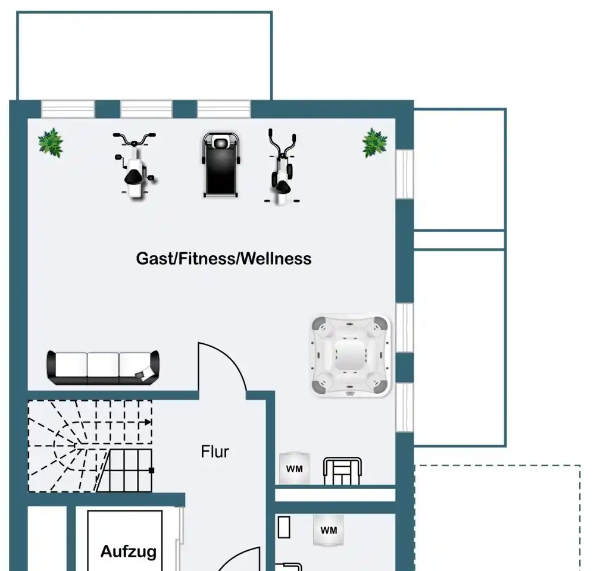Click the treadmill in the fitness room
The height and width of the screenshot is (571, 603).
click(x=221, y=165)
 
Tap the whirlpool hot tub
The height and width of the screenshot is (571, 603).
click(x=350, y=356)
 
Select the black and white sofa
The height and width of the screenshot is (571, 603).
click(x=102, y=368)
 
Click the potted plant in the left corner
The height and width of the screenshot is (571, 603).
click(x=51, y=143)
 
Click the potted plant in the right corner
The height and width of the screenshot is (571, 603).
click(x=374, y=143)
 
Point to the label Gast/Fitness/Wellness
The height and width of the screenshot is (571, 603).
click(x=224, y=259)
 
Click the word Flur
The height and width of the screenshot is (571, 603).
click(x=214, y=452)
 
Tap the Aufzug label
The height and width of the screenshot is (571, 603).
click(x=129, y=552)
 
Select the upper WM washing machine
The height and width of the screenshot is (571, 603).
click(x=295, y=468)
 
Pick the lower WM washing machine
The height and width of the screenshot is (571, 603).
click(x=329, y=530)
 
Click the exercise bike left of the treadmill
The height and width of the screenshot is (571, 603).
click(x=135, y=165)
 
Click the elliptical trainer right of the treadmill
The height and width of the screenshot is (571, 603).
click(x=282, y=167)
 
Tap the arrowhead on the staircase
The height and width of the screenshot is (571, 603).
click(x=148, y=422)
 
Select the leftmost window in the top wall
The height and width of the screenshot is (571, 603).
click(x=68, y=109)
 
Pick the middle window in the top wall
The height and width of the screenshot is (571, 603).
click(x=146, y=109)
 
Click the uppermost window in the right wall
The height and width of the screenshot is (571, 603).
click(x=405, y=174)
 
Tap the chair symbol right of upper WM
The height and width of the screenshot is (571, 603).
click(x=342, y=470)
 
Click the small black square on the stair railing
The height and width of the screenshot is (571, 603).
click(x=151, y=470)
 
